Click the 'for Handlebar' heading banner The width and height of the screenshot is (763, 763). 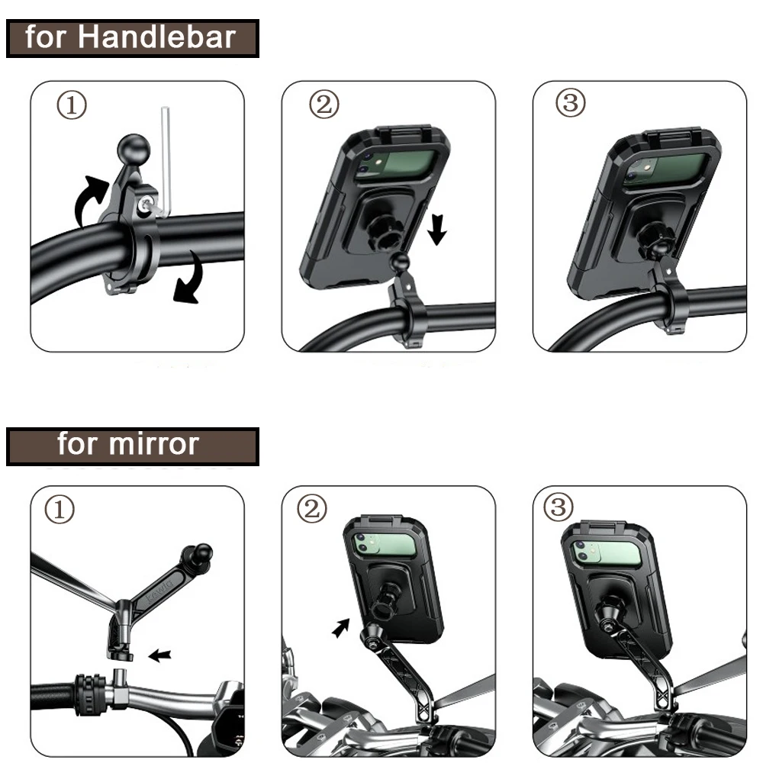(x=131, y=37)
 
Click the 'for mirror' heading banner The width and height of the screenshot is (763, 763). (x=131, y=446)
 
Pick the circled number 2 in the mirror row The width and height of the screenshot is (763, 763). (x=311, y=509)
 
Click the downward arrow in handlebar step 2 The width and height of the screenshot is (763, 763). (x=436, y=229)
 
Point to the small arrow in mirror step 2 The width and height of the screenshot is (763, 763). (x=341, y=627)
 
